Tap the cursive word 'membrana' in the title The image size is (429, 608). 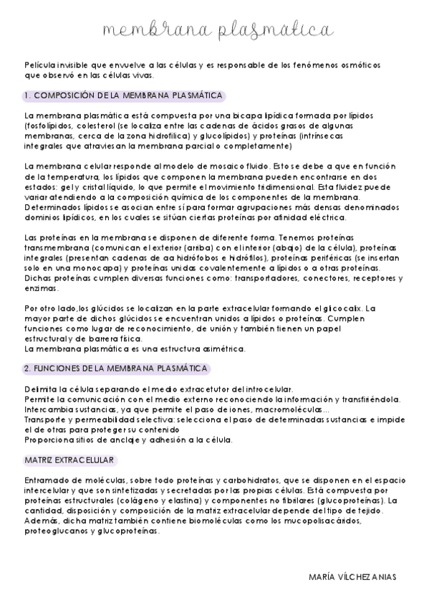[153, 31]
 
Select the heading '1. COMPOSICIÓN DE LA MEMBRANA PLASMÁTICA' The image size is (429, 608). [123, 95]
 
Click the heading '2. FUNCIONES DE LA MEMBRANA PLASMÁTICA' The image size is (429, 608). [116, 369]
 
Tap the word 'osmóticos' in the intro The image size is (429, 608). [356, 65]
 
